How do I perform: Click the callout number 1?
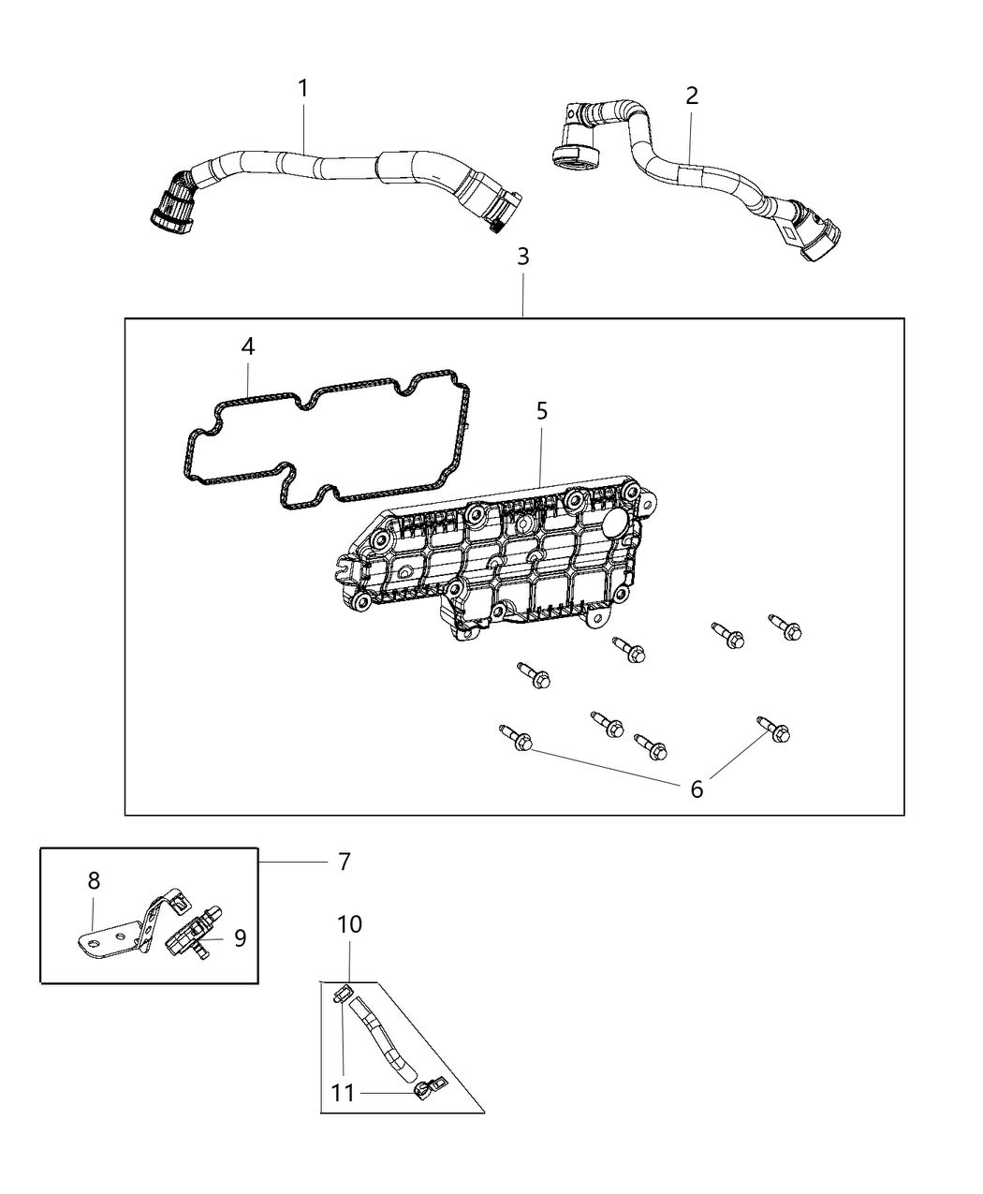[302, 89]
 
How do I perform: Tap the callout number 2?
[692, 96]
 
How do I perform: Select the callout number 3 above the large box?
[522, 257]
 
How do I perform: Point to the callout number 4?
[247, 347]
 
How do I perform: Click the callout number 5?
[542, 411]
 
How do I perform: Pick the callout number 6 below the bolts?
[697, 789]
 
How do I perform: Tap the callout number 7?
[344, 862]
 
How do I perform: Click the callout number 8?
[94, 880]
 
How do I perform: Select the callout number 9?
[240, 937]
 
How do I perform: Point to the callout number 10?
[349, 924]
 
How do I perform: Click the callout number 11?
[344, 1093]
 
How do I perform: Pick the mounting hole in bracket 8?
[92, 937]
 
